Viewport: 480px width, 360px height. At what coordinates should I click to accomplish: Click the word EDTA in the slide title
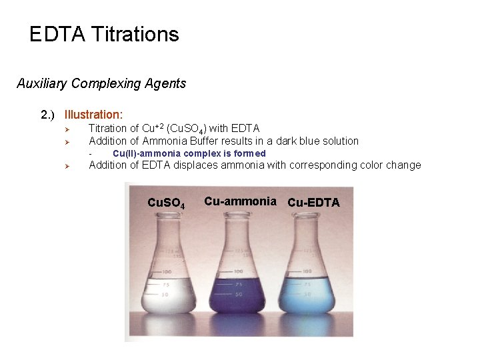click(57, 34)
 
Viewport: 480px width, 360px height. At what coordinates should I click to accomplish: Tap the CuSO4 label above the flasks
click(165, 203)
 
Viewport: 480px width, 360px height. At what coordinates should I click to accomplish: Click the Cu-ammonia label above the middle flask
click(240, 201)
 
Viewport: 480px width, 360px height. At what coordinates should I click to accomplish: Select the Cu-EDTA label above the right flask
click(313, 202)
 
